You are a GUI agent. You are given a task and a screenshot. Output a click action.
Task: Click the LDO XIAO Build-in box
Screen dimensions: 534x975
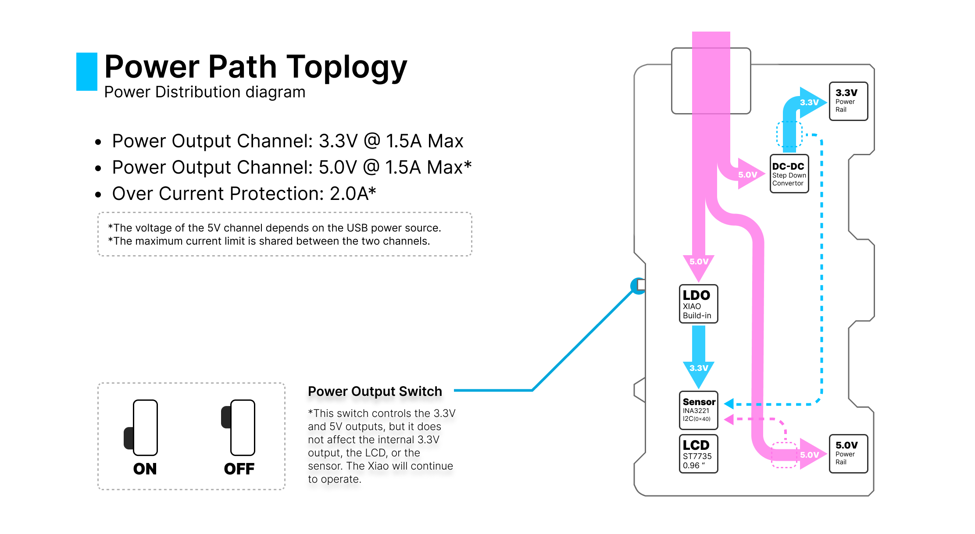point(698,304)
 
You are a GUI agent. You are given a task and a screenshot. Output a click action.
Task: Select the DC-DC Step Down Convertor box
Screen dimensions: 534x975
point(789,174)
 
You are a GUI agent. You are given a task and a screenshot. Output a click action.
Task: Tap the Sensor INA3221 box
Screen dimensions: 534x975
point(698,410)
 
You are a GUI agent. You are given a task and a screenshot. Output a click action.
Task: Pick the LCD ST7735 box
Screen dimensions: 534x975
point(698,454)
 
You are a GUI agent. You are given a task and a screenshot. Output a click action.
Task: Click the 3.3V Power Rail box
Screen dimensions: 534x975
point(848,101)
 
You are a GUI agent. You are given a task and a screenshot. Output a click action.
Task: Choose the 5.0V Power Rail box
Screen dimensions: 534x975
point(848,454)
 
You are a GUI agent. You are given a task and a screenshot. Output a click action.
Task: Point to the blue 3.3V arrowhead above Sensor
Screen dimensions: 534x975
point(699,372)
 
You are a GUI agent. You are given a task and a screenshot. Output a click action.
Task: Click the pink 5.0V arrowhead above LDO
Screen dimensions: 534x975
point(699,265)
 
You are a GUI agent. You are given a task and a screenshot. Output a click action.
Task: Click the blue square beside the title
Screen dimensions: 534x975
point(87,71)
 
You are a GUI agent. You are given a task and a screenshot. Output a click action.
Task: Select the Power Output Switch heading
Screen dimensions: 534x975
point(375,391)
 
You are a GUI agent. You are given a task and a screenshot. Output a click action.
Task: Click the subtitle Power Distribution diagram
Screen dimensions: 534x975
point(205,92)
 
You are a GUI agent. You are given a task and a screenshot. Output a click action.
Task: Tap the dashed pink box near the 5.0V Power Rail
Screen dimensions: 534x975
point(784,455)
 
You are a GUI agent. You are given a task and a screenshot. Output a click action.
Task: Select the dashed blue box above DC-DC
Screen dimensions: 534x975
point(789,134)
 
